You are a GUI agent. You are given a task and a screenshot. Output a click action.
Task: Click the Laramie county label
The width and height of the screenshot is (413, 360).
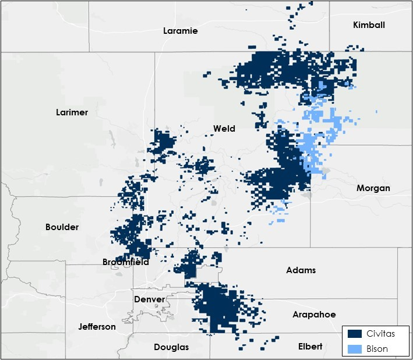point(181,31)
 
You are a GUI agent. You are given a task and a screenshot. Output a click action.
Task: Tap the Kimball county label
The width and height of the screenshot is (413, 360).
point(369,25)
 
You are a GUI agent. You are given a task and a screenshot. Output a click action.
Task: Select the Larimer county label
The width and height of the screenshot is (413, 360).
point(72,112)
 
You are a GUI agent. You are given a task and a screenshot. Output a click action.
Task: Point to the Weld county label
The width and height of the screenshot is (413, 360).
point(224,129)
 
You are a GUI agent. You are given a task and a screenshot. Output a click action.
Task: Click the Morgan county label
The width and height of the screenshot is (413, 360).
point(373,188)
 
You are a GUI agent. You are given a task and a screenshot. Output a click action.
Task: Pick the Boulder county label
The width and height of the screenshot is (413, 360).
point(62,227)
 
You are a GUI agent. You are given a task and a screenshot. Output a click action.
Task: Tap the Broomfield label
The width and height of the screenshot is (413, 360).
point(126,262)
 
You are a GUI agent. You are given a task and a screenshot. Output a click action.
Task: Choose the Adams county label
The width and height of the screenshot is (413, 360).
point(301,270)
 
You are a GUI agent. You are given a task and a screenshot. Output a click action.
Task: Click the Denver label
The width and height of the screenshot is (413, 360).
point(150,299)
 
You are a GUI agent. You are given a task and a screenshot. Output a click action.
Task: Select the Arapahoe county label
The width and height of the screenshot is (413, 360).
point(314,315)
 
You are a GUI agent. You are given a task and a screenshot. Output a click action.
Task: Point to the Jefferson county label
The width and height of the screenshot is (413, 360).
point(97,327)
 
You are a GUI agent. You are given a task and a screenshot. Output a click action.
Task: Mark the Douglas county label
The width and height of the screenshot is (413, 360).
point(171,347)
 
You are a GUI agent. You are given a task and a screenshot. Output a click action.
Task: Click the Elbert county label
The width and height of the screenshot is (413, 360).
point(310,347)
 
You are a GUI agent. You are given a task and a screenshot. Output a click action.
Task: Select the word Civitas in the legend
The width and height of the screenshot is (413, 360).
point(379,334)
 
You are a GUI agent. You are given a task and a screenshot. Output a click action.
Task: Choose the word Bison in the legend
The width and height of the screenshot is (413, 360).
point(377,349)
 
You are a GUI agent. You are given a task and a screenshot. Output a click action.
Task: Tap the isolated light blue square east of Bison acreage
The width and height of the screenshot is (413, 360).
point(377,111)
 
